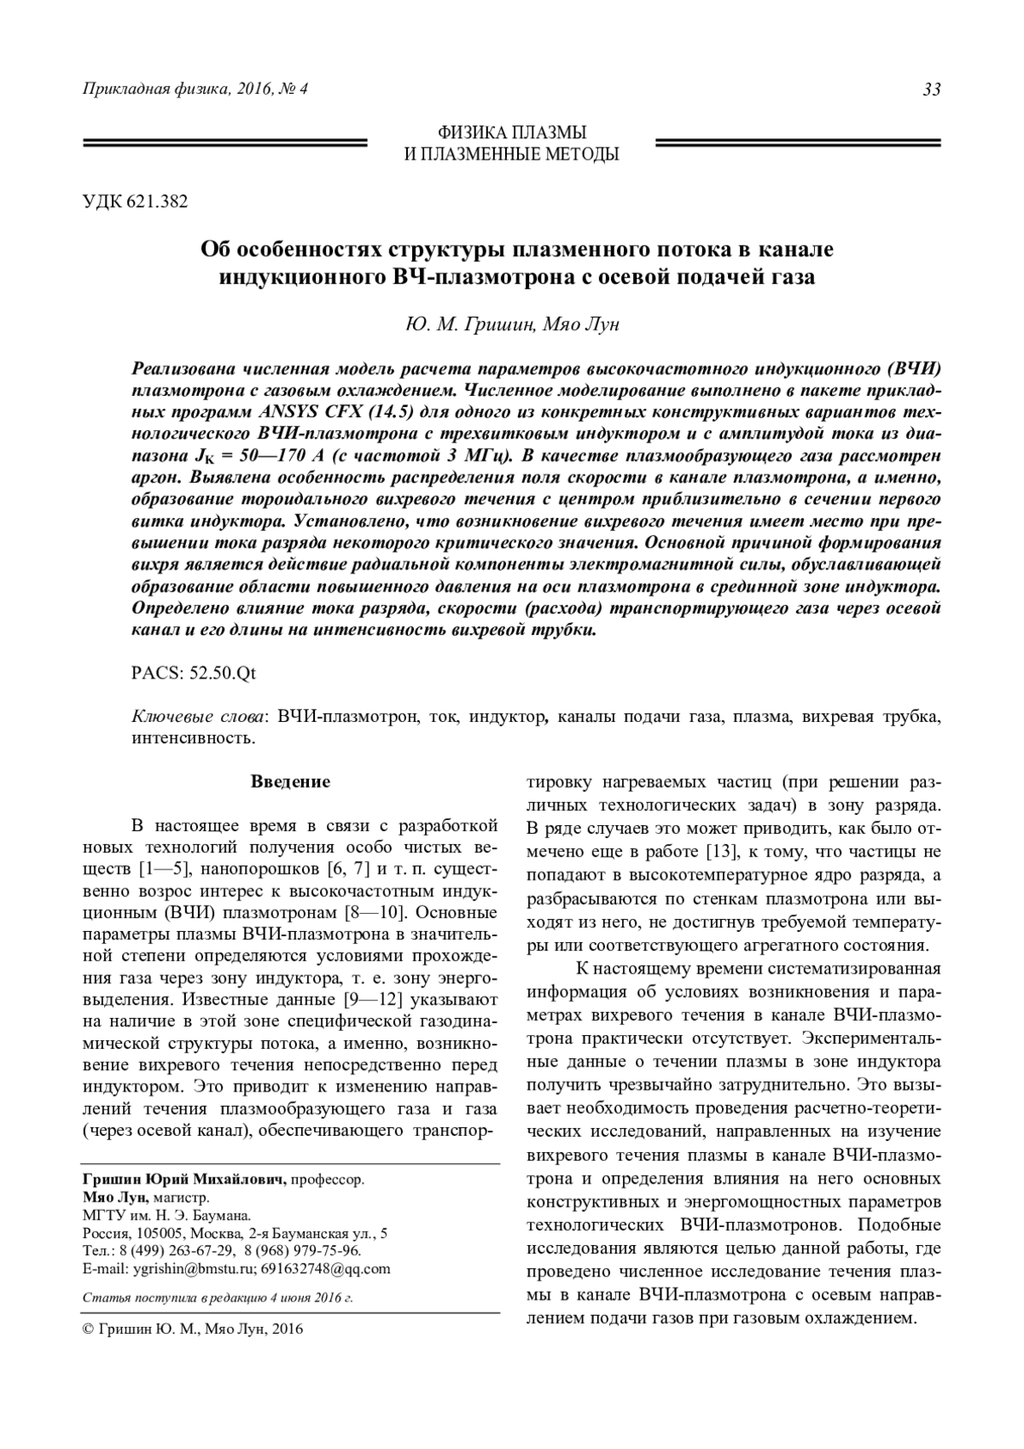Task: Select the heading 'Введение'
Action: click(290, 781)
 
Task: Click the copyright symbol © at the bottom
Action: click(86, 1329)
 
